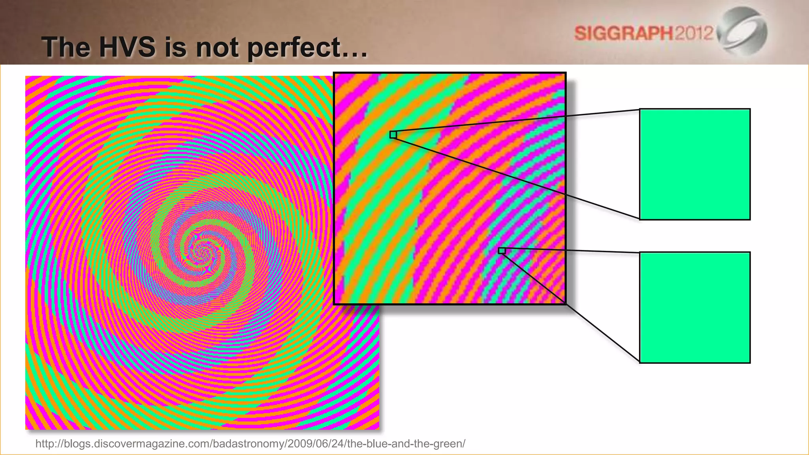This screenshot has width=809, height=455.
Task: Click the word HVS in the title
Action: coord(127,47)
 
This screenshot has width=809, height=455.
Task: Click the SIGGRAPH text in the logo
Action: coord(623,33)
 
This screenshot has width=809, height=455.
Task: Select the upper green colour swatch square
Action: coord(695,164)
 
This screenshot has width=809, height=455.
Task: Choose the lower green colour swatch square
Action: coord(695,307)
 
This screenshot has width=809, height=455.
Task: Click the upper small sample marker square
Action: coord(393,135)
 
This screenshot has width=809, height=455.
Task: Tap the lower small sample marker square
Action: coord(502,251)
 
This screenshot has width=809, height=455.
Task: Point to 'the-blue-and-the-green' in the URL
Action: coord(406,444)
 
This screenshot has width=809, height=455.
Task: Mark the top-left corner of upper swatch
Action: coord(640,109)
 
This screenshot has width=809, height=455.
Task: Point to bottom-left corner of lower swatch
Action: coord(640,363)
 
